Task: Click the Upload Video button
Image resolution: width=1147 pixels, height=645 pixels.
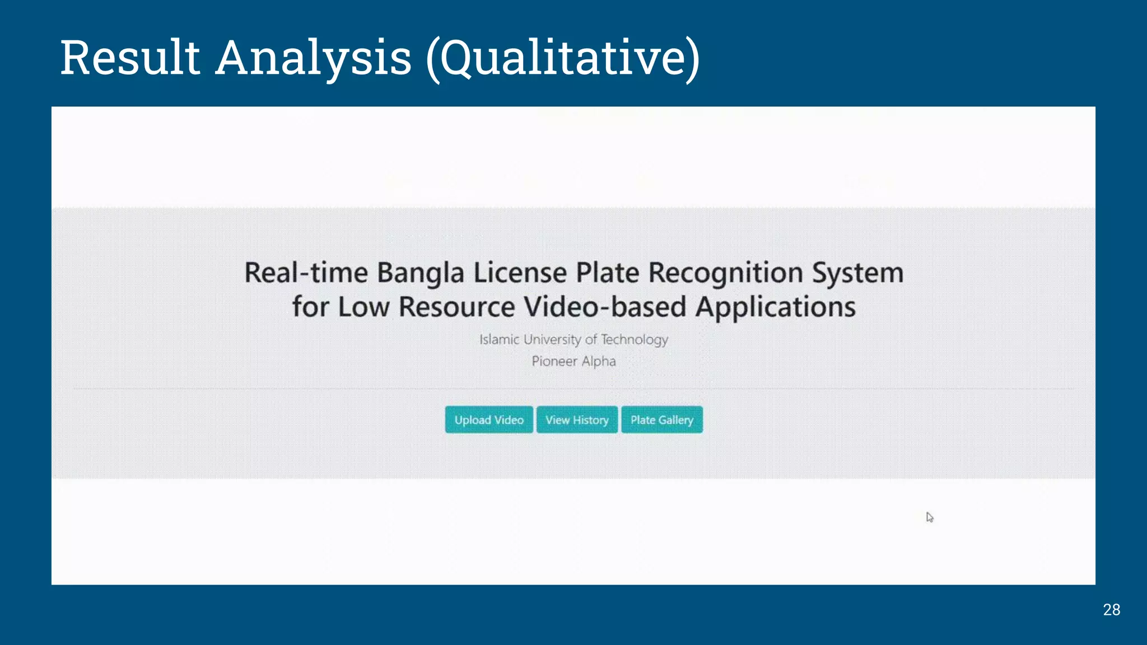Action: coord(489,420)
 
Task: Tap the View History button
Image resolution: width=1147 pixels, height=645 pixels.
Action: coord(577,420)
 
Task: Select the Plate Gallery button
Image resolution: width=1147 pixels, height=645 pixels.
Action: coord(661,420)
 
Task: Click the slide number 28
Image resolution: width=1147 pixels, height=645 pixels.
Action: coord(1111,610)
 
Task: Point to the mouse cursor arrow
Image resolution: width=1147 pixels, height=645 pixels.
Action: coord(930,517)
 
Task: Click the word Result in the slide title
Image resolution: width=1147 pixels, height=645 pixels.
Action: coord(130,58)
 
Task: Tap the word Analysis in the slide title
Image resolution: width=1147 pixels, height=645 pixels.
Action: coord(314,58)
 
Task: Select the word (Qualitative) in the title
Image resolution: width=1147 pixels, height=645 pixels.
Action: coord(563,59)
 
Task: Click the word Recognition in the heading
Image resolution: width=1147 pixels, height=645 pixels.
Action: coord(726,274)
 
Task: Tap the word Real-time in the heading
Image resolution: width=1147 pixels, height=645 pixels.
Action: coord(306,273)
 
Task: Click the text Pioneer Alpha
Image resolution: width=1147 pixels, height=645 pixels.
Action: coord(573,361)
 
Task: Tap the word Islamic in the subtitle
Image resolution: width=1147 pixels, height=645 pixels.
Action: coord(499,340)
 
